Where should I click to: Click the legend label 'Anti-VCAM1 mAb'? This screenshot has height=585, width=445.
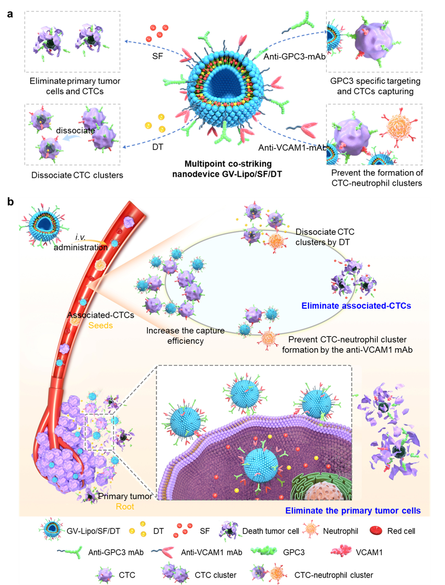click(x=212, y=552)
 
